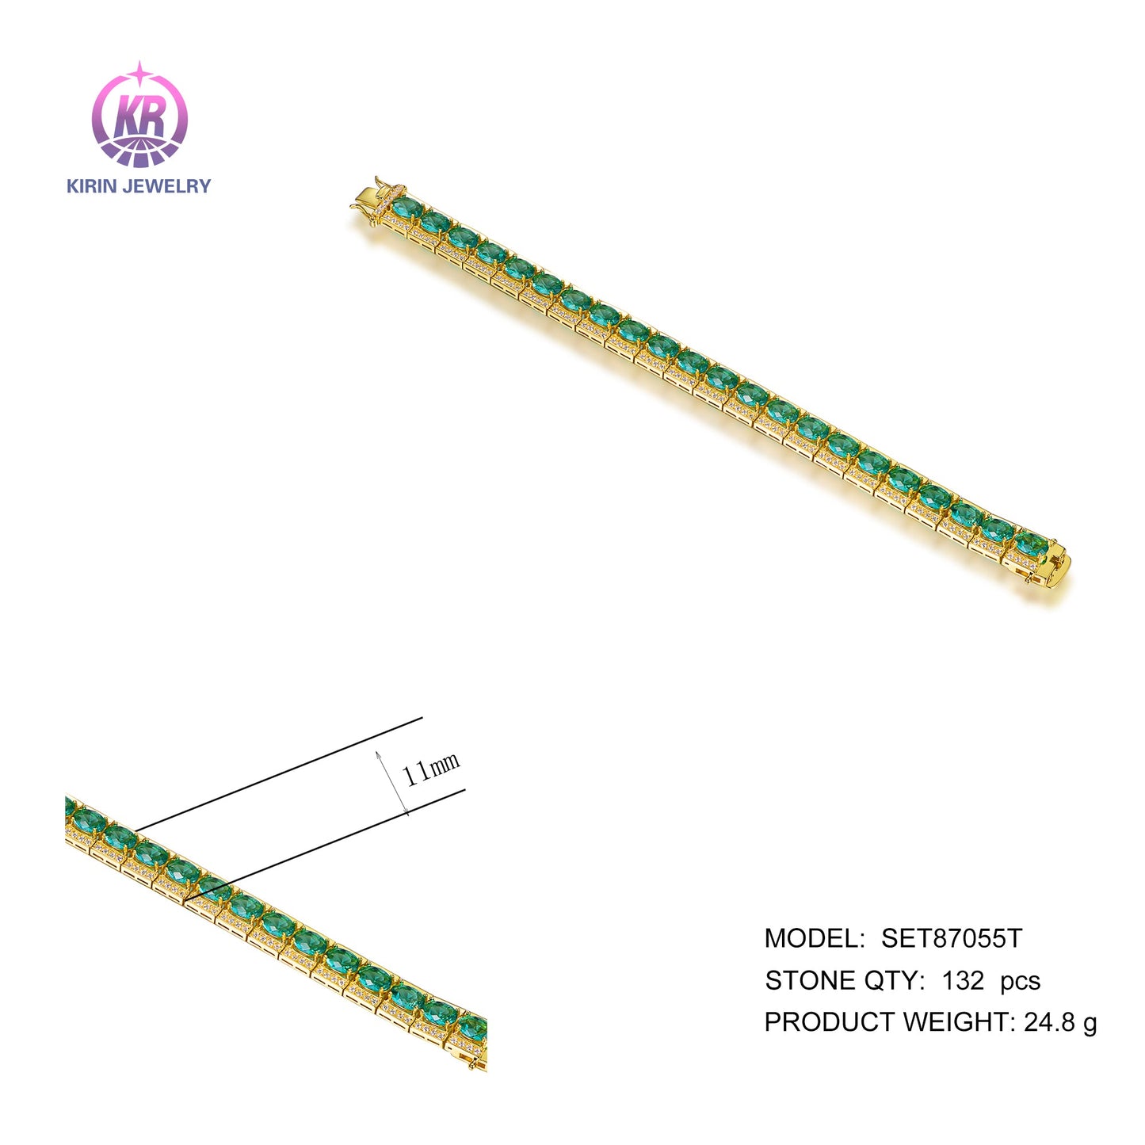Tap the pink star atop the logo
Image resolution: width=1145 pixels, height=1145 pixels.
point(140,72)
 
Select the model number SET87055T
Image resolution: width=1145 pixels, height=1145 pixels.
point(952,939)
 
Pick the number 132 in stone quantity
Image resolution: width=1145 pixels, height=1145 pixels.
point(964,981)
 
